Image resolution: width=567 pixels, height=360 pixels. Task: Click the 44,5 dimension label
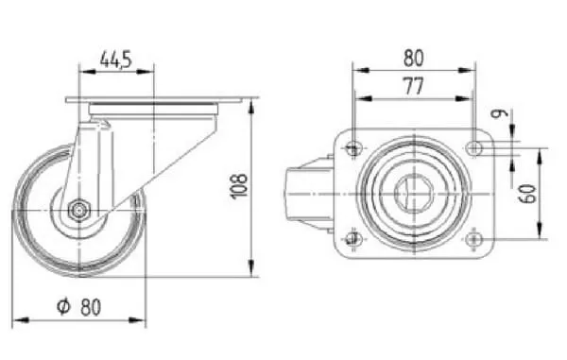tap(116, 60)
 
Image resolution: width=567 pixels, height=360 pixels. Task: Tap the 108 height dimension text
tap(239, 186)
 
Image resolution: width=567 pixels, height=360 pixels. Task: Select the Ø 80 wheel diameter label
tap(78, 307)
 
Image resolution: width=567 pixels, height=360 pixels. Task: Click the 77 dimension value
tap(413, 86)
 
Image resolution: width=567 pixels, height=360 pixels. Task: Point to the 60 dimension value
tap(528, 194)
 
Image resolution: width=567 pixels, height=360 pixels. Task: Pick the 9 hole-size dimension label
tap(500, 113)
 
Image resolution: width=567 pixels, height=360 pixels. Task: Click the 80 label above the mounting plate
tap(413, 59)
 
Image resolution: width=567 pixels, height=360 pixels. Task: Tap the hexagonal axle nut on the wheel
tap(78, 210)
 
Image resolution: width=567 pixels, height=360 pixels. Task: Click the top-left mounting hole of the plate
tap(353, 147)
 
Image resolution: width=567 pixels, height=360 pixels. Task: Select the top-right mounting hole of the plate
tap(474, 147)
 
